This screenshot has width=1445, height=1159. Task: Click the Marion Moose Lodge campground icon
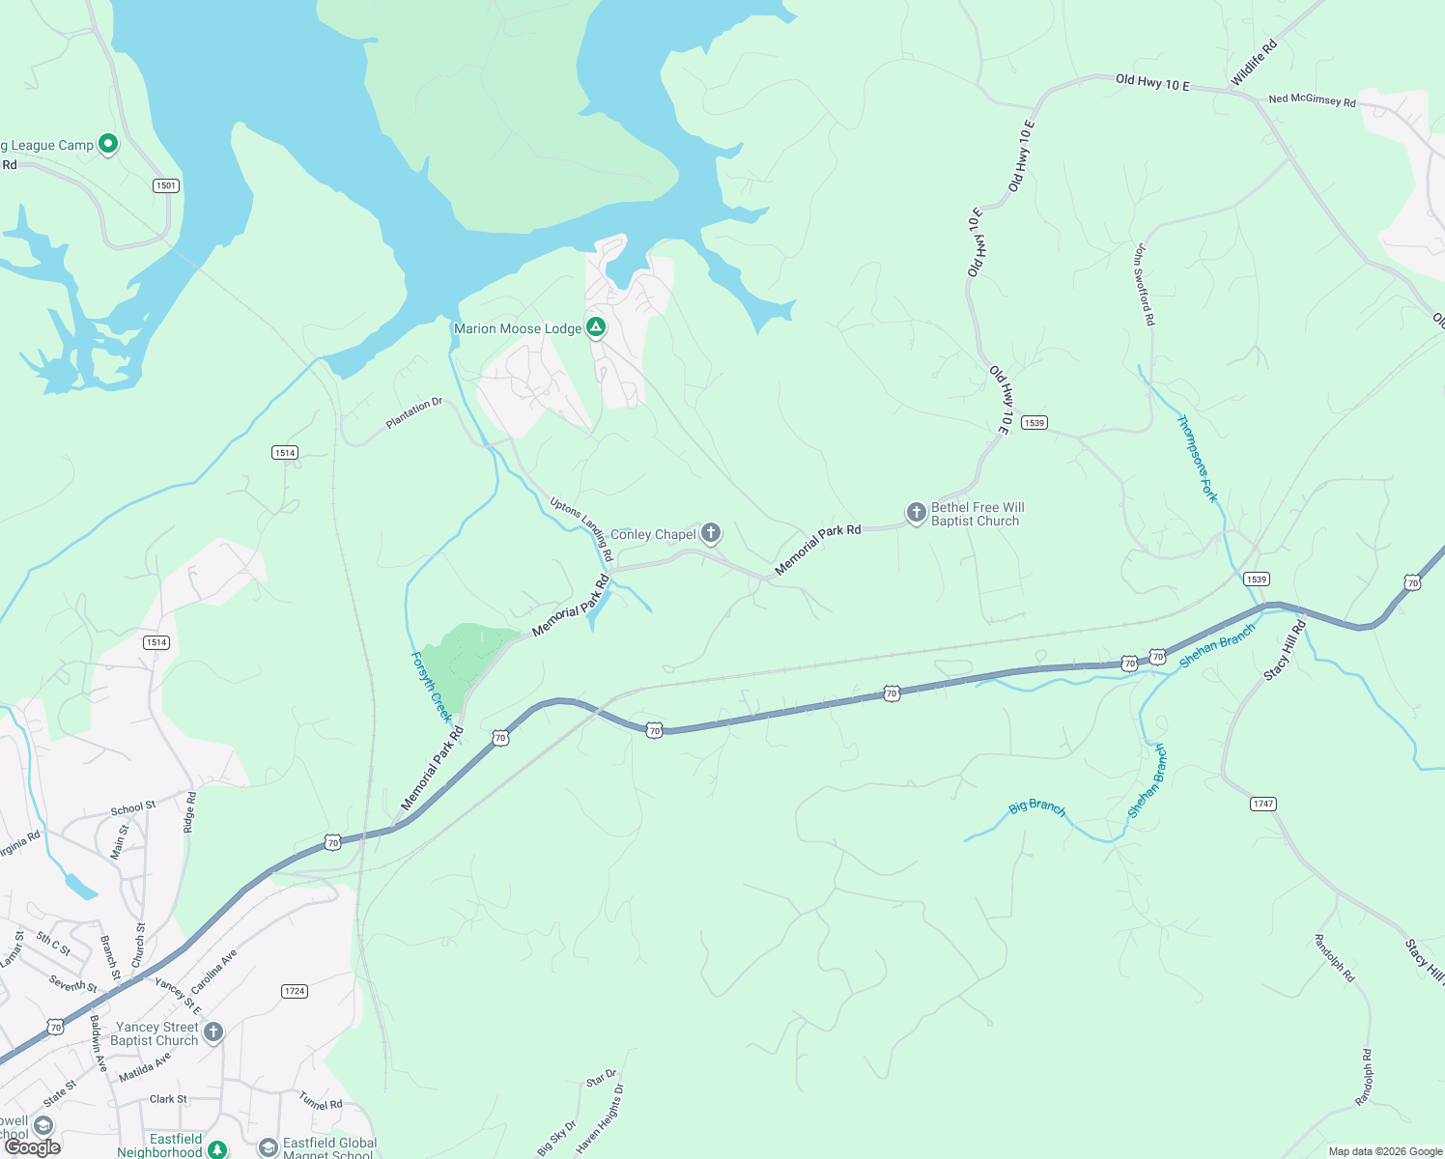pos(597,328)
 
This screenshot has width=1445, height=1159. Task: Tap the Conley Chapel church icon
pos(711,532)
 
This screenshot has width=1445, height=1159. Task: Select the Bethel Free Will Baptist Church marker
pos(917,513)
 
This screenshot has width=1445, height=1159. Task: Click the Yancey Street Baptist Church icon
pos(213,1032)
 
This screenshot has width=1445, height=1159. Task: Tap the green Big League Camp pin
pos(108,145)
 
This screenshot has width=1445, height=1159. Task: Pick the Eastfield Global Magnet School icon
pos(268,1147)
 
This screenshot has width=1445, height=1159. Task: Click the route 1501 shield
pos(166,185)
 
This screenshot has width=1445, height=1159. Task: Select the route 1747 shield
pos(1262,804)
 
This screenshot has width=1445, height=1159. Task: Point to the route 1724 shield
pos(295,991)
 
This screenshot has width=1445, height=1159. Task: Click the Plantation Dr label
pos(413,413)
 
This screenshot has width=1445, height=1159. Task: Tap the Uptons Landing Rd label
pos(581,528)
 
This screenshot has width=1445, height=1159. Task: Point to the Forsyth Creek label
pos(431,687)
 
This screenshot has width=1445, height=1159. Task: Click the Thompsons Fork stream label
pos(1197,458)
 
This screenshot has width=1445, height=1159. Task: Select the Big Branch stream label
pos(1037,806)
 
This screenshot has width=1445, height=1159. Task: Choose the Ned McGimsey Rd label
pos(1312,99)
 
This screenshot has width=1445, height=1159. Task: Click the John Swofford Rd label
pos(1144,284)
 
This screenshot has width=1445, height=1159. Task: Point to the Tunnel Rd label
pos(321,1100)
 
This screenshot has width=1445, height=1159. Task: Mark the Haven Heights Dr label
pos(600,1118)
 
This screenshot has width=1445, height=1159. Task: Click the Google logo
pos(33,1147)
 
